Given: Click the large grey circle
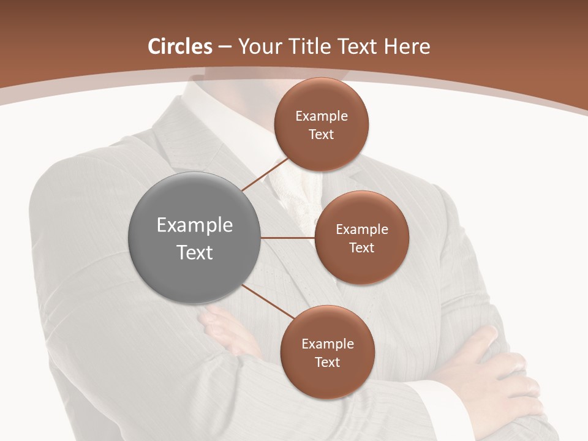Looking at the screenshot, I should tap(195, 238).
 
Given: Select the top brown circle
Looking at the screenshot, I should tap(321, 124).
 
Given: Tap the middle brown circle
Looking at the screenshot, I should tap(361, 238).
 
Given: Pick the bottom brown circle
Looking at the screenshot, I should tap(327, 352).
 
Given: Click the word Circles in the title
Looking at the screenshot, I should tap(180, 47).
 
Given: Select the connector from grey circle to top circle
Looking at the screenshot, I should tap(265, 174).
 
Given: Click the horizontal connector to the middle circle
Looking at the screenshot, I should tap(288, 238).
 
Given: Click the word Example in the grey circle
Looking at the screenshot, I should tap(195, 225).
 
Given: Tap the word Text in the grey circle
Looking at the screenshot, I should tap(195, 252).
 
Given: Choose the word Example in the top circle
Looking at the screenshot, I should tap(322, 116).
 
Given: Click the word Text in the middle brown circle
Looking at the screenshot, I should tap(361, 247).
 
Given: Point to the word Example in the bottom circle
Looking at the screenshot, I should tap(328, 344).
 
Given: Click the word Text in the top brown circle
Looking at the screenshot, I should tap(321, 134).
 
